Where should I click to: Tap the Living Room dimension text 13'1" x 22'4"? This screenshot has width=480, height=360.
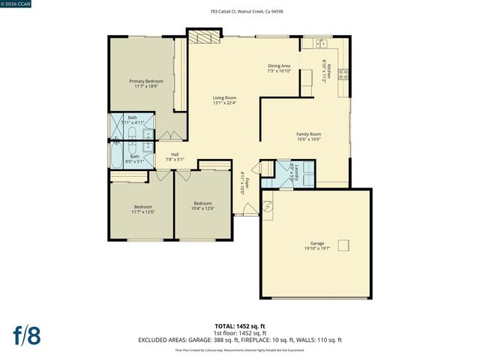coord(224,102)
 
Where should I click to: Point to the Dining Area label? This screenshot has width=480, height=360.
coord(279,66)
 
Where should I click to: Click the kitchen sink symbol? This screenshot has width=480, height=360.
coord(319,43)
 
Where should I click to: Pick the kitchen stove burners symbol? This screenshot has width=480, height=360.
coord(343,73)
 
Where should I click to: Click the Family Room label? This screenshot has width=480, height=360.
coord(309,134)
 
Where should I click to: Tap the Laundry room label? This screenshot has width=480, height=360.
coord(296,171)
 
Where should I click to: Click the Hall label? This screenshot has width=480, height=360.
coord(175,154)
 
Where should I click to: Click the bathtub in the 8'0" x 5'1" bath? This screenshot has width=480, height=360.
coord(120,157)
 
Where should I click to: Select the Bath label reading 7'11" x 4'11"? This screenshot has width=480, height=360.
coord(133,120)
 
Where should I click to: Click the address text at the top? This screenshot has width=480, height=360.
coord(240,12)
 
